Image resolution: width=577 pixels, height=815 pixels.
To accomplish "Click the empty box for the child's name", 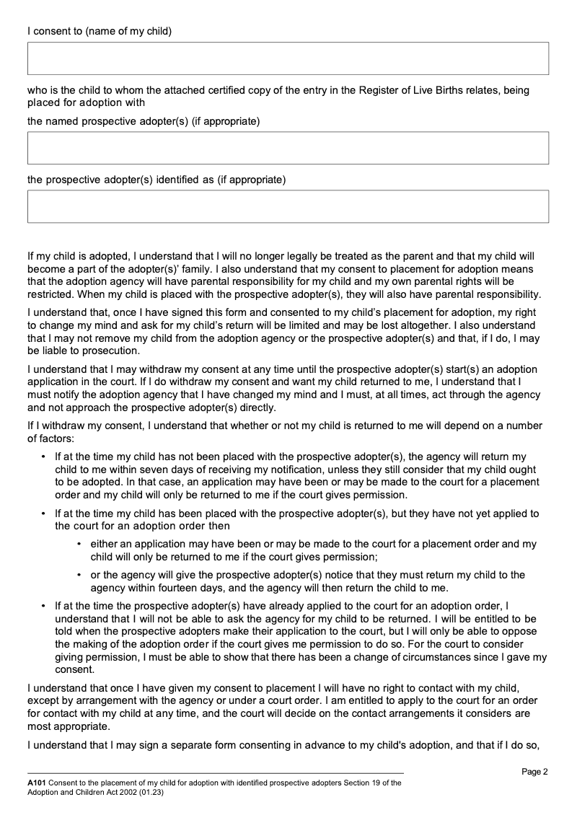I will pyautogui.click(x=288, y=58).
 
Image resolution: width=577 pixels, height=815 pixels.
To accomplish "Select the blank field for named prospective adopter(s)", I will pyautogui.click(x=288, y=148).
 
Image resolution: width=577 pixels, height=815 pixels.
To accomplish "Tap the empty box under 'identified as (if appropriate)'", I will pyautogui.click(x=288, y=206).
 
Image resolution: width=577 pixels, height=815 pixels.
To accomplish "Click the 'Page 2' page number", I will pyautogui.click(x=534, y=772).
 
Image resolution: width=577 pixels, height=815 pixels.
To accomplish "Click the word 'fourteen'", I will pyautogui.click(x=155, y=588).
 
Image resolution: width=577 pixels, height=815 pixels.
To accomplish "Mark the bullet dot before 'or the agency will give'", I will pyautogui.click(x=79, y=576).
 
